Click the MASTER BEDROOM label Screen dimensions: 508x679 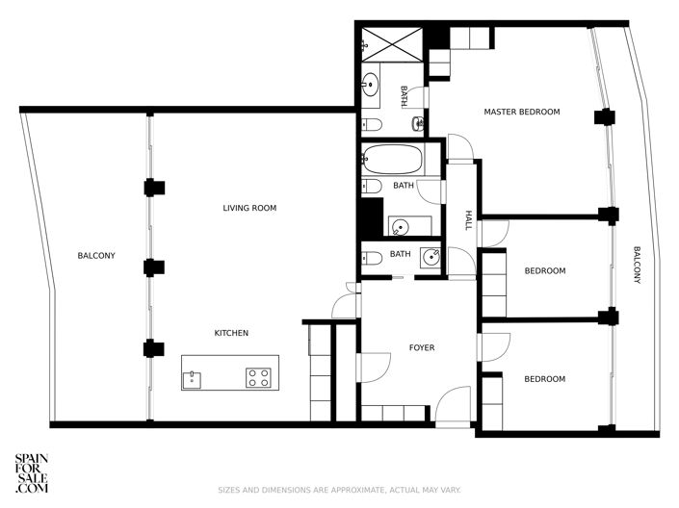click(x=521, y=112)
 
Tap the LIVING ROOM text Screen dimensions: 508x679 click(x=249, y=208)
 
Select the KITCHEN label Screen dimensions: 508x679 click(x=231, y=333)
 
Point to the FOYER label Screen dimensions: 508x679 click(x=422, y=347)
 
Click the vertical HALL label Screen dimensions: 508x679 click(x=469, y=220)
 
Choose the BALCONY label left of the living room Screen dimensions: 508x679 click(x=96, y=255)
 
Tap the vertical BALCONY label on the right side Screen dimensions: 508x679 click(x=637, y=266)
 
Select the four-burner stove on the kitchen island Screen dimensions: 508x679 click(x=258, y=376)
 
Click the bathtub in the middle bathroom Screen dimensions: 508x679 click(x=392, y=158)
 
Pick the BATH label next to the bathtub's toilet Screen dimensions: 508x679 click(x=403, y=185)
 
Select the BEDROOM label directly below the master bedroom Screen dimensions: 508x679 click(x=544, y=270)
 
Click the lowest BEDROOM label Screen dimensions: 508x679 click(x=544, y=378)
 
